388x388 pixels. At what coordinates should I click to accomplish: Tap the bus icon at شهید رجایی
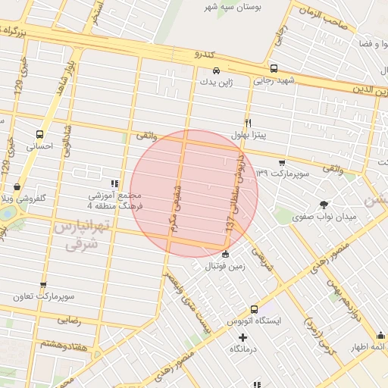pos(273,67)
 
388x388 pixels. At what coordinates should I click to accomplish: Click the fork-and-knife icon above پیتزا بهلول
pos(248,123)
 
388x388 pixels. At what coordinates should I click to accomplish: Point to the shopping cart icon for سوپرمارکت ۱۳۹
pos(282,162)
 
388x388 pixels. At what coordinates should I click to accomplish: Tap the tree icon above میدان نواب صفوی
pos(324,205)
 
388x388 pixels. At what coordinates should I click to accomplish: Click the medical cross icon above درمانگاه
pos(242,337)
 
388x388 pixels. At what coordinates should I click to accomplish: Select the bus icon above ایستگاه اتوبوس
pos(254,309)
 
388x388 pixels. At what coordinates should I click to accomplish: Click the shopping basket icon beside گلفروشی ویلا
pos(17,187)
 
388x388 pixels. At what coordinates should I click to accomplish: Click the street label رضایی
pos(69,320)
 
